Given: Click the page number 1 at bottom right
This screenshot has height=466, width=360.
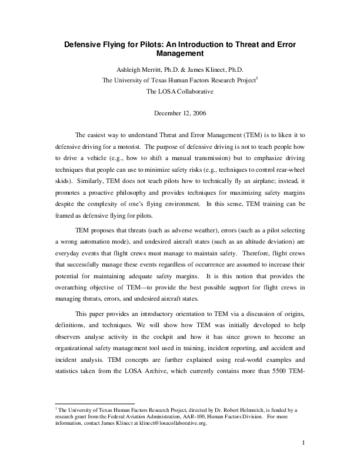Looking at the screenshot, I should pyautogui.click(x=302, y=442).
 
